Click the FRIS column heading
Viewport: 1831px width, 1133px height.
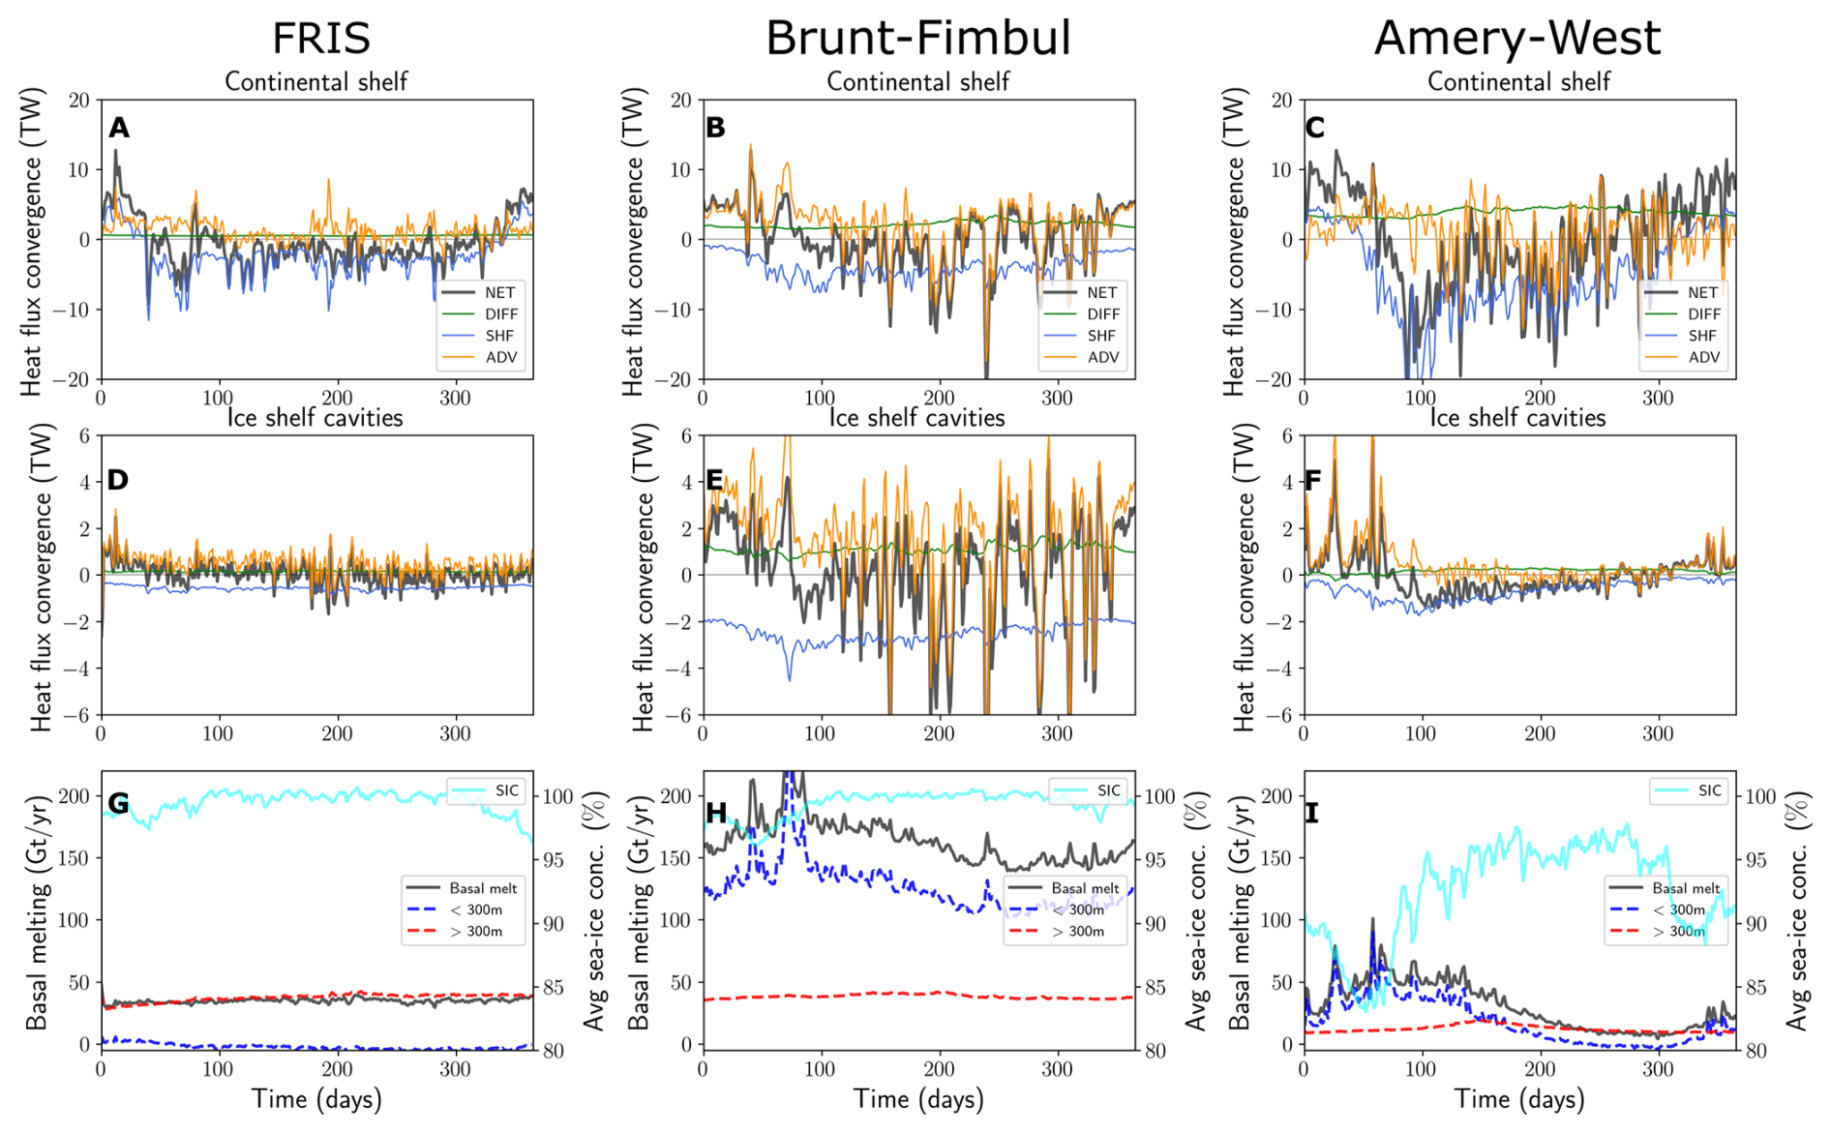coord(321,39)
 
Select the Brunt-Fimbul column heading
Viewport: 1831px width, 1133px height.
coord(917,39)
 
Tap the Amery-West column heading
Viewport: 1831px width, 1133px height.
coord(1516,39)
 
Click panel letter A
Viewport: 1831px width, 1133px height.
coord(119,128)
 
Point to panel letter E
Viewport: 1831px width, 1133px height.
coord(715,480)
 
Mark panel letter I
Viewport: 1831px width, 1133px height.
coord(1312,813)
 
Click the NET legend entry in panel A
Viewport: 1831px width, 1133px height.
coord(499,292)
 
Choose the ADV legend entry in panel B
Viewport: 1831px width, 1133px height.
coord(1102,357)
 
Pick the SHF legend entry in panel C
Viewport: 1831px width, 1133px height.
coord(1702,336)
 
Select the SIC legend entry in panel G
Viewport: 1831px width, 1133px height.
coord(506,790)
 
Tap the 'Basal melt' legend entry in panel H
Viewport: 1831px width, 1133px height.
coord(1085,888)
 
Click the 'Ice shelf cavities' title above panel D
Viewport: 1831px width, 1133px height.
coord(315,418)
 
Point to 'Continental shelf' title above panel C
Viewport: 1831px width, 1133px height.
coord(1518,82)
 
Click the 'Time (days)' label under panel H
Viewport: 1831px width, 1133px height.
coord(918,1099)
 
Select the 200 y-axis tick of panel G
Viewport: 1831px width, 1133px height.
coord(74,796)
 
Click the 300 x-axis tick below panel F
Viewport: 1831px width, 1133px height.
coord(1658,733)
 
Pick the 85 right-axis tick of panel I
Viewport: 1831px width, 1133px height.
coord(1756,988)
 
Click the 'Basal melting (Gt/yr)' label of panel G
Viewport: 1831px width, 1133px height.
coord(36,912)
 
